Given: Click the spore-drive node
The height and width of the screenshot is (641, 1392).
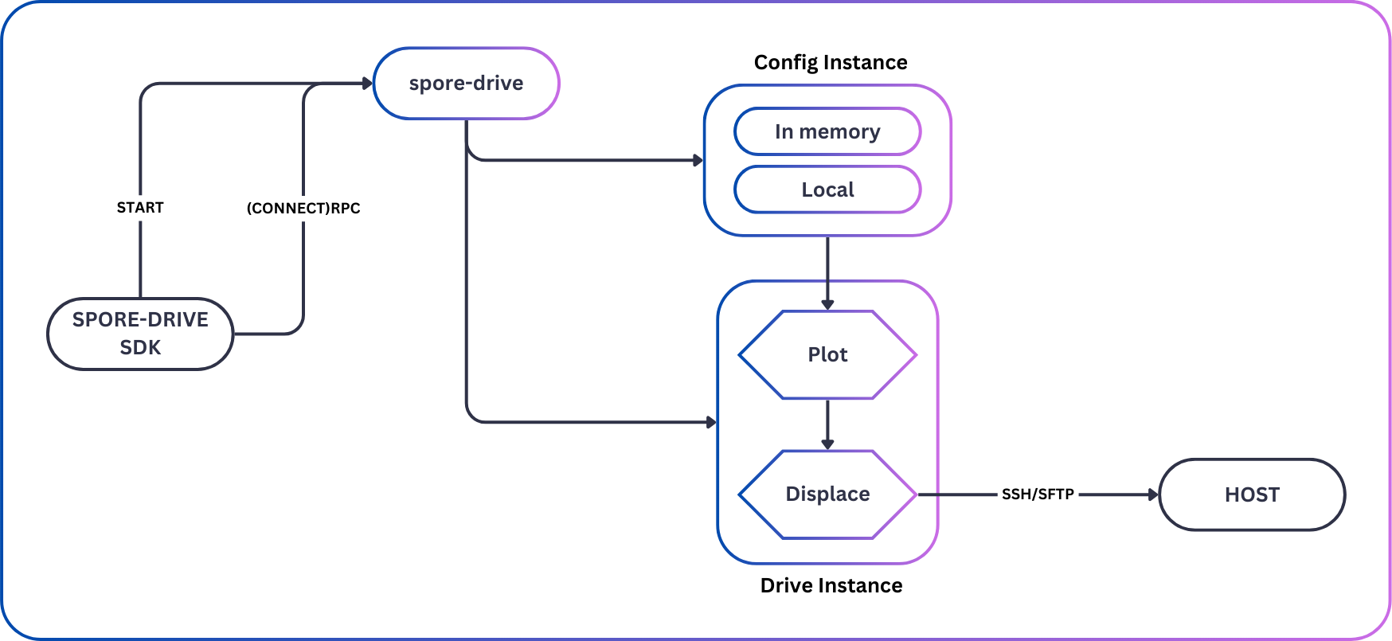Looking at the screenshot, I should [466, 84].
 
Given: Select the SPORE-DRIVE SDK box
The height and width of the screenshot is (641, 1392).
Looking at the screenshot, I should [140, 334].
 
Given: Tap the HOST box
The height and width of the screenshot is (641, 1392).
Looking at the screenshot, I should [1252, 494].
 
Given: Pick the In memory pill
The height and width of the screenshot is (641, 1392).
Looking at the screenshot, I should [827, 131].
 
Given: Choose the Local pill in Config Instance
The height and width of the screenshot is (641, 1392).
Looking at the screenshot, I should [827, 190].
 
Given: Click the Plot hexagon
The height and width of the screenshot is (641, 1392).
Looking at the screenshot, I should [827, 354].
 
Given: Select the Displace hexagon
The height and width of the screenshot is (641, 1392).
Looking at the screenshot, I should [827, 494].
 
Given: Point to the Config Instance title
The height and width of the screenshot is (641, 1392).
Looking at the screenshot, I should [831, 62].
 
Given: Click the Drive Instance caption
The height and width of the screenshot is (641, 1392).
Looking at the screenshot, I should [831, 585].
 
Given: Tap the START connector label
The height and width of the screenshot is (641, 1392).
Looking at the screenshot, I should [140, 208].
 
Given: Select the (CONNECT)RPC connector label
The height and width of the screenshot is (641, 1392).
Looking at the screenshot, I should [303, 209].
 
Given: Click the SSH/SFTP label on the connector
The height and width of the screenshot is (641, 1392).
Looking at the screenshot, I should [1038, 494].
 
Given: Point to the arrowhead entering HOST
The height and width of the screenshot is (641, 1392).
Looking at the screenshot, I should [1153, 494].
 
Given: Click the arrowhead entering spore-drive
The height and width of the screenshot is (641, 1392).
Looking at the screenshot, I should [367, 84].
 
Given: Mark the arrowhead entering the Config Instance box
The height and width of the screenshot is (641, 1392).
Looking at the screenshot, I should [698, 160].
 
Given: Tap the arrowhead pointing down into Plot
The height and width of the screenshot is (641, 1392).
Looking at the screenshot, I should [827, 304].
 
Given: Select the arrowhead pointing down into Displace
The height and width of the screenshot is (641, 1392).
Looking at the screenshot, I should [827, 444].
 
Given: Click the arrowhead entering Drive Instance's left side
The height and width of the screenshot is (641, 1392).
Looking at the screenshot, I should [711, 422].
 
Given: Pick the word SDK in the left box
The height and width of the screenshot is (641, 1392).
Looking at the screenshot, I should [140, 348].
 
